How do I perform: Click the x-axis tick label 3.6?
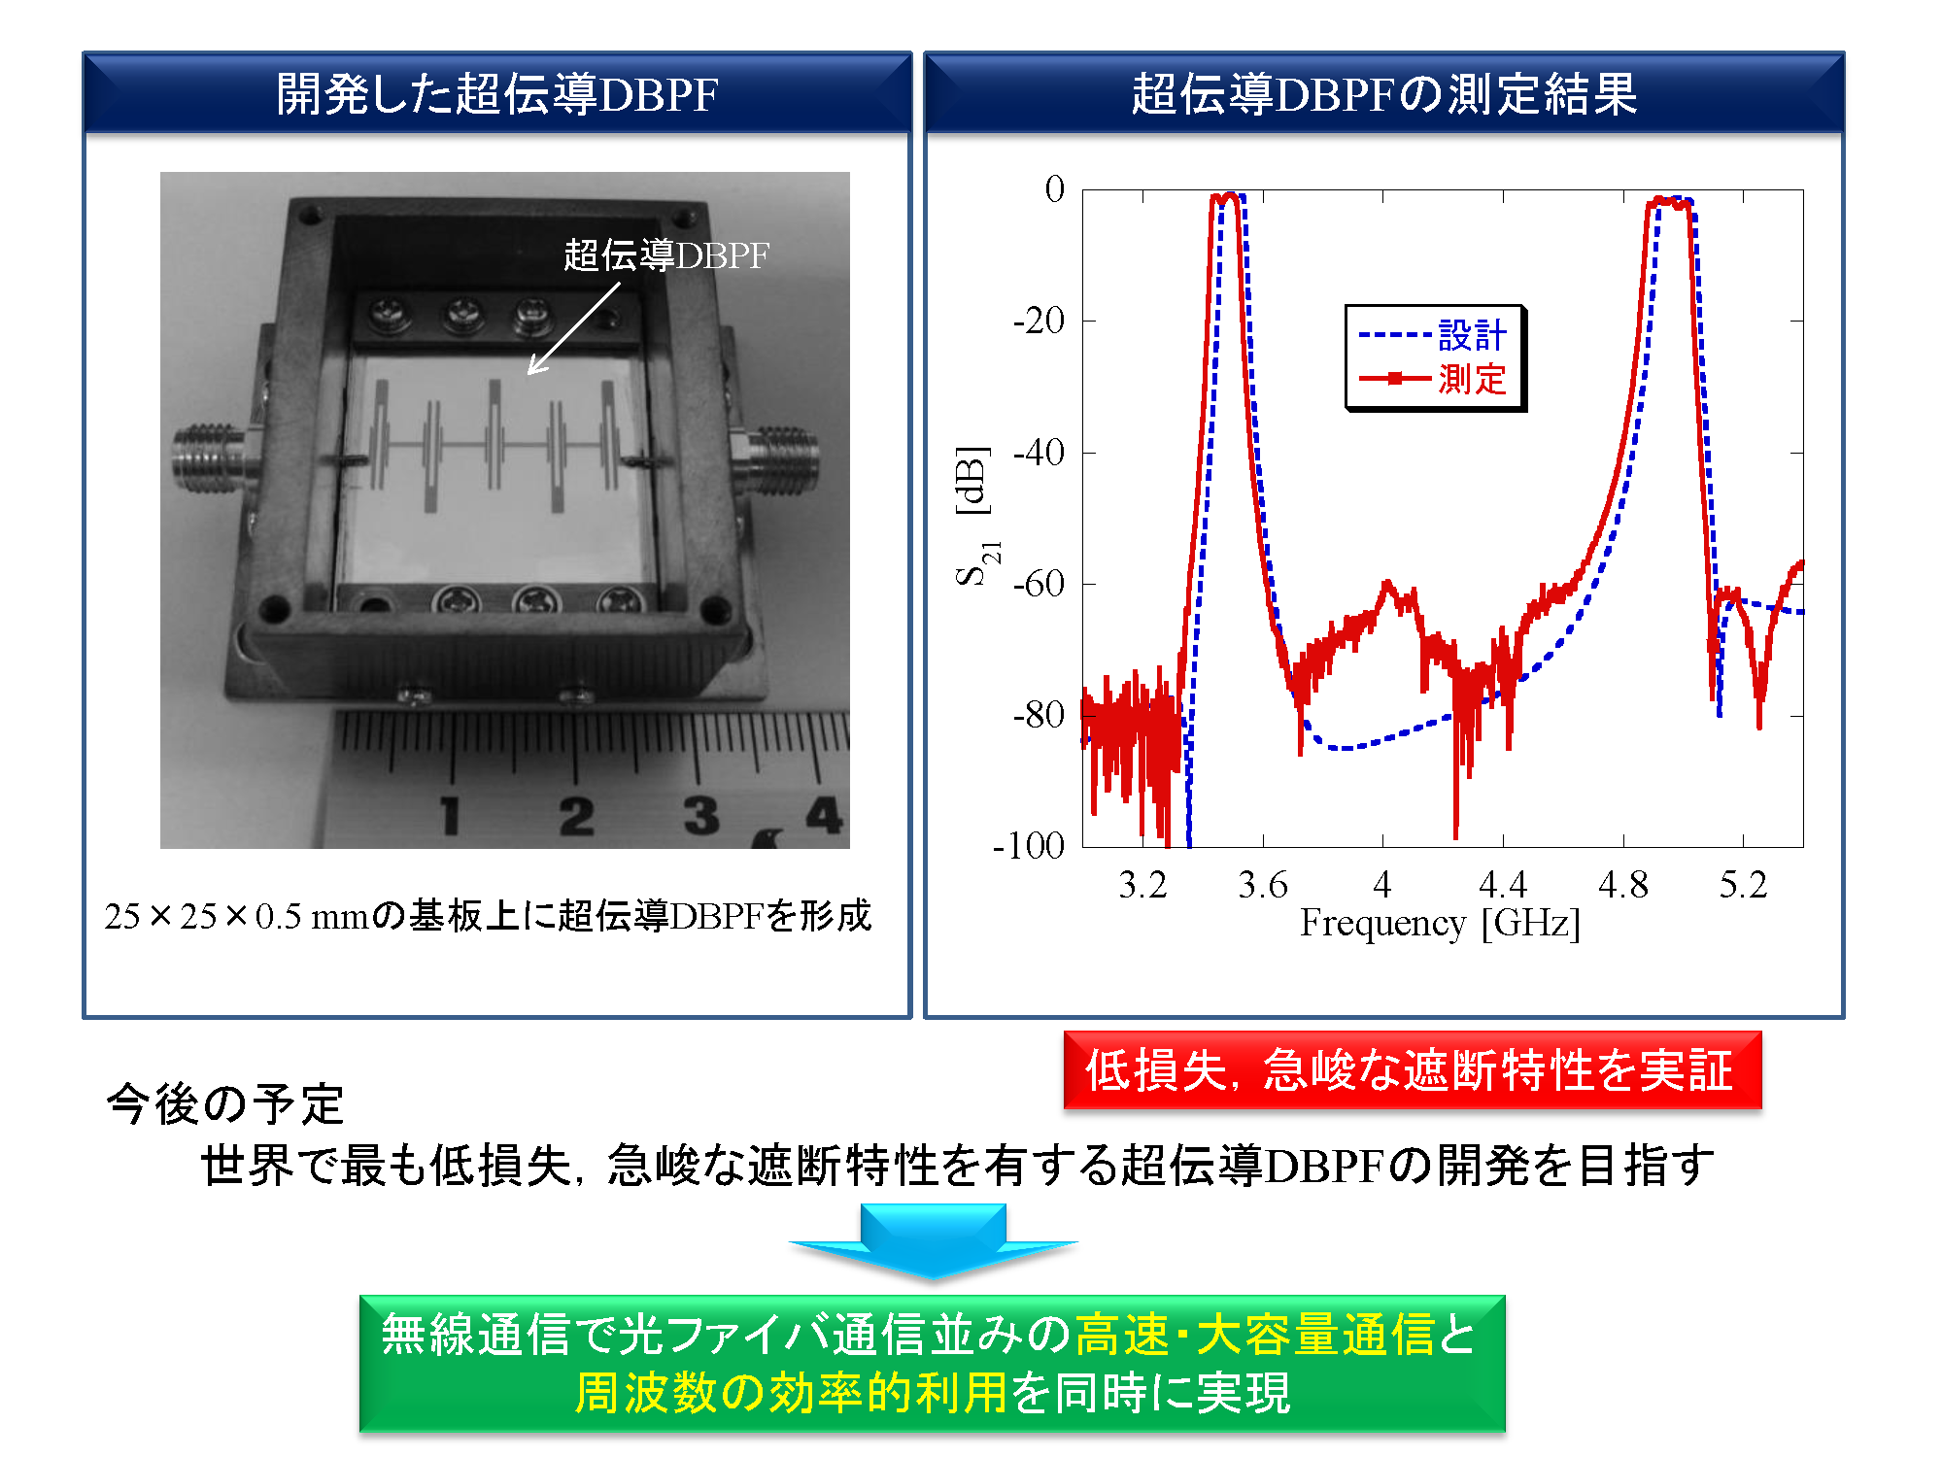[1262, 885]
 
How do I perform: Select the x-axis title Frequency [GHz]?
[1440, 924]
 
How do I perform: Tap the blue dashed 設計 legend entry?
[1432, 335]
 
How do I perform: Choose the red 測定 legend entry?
[1432, 378]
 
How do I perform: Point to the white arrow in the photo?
[573, 328]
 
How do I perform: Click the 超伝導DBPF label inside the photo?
[666, 255]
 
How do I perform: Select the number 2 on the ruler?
[576, 816]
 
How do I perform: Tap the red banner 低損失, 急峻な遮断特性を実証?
[1413, 1069]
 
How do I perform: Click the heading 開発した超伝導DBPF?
[497, 94]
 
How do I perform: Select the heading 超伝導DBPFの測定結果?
[1384, 94]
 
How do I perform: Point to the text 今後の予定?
[225, 1104]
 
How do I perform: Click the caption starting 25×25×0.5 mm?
[488, 916]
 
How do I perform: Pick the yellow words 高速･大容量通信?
[1255, 1334]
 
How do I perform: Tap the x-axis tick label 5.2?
[1743, 885]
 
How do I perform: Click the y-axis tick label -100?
[1029, 846]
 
